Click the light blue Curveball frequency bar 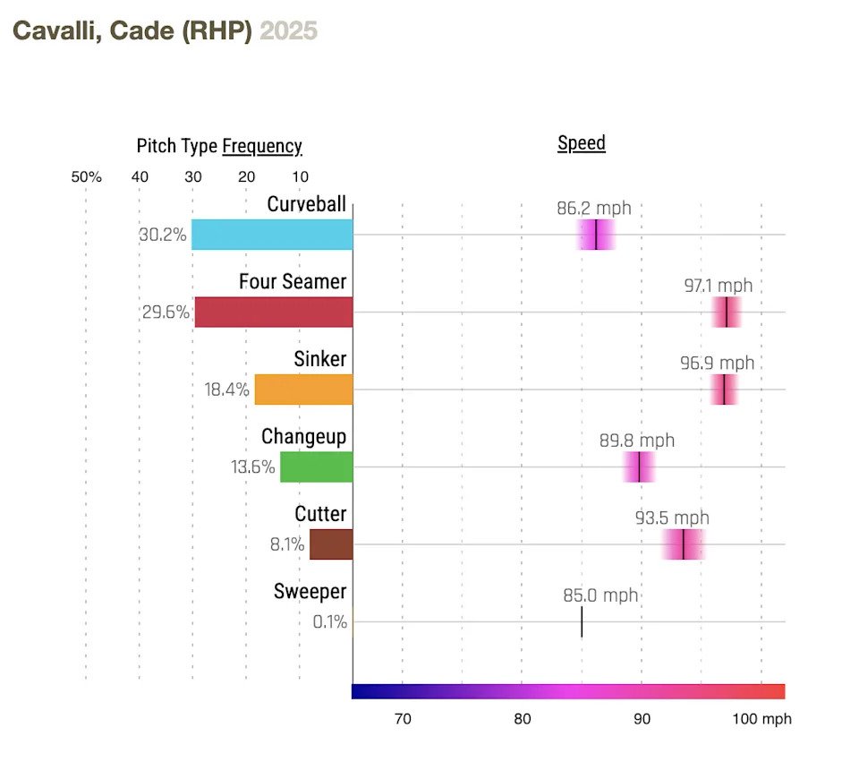click(272, 235)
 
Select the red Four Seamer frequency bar click(274, 312)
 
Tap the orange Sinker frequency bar click(303, 390)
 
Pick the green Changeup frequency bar click(316, 467)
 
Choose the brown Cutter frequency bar click(331, 544)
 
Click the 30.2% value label click(163, 235)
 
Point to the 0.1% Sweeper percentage click(329, 622)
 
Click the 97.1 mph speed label click(719, 287)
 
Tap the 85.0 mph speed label click(600, 595)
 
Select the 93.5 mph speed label click(672, 518)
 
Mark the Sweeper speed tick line click(582, 621)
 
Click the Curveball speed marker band click(596, 235)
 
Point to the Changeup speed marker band click(639, 467)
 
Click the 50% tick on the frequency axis click(87, 177)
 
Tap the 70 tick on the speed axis click(403, 719)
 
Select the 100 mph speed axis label click(761, 719)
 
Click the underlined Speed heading click(582, 143)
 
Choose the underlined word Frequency click(262, 146)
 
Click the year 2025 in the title click(288, 31)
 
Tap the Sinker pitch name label click(319, 359)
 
